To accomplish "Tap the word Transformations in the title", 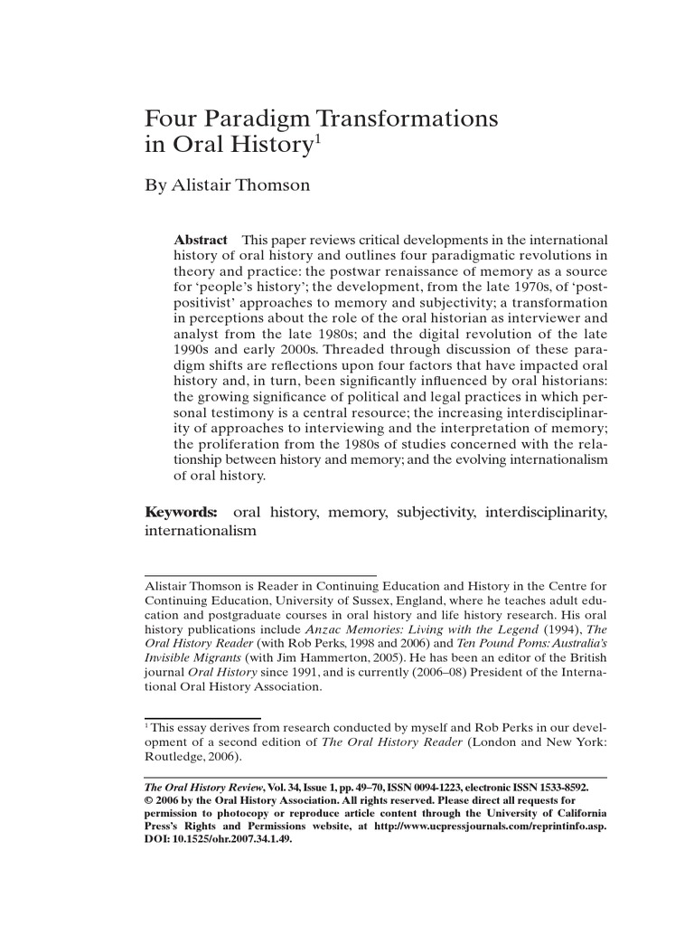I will [x=405, y=119].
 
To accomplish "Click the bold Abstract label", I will [x=201, y=240].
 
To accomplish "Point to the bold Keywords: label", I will [x=182, y=513].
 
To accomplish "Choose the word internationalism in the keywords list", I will [x=202, y=533].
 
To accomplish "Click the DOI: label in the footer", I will [x=159, y=838].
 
